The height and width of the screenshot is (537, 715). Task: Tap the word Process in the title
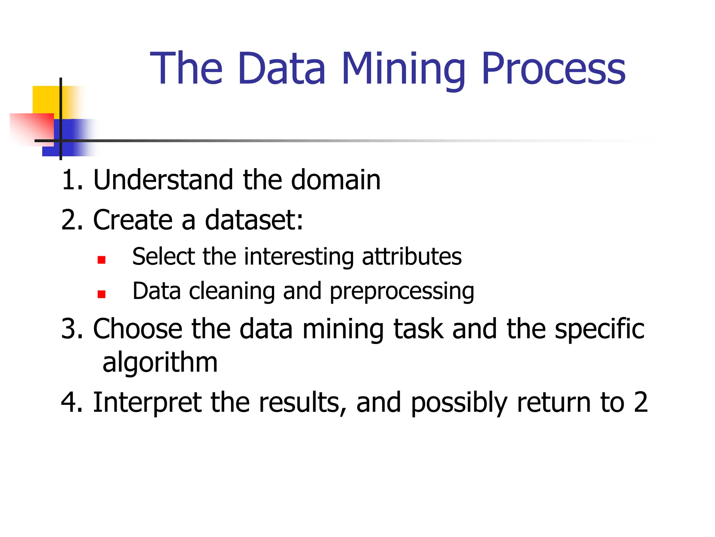(553, 69)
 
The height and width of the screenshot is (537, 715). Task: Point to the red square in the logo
(33, 128)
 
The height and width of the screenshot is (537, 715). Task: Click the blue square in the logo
(75, 138)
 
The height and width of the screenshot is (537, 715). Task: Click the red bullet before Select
(102, 260)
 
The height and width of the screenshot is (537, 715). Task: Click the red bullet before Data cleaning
(102, 294)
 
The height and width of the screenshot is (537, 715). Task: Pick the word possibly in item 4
(459, 403)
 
